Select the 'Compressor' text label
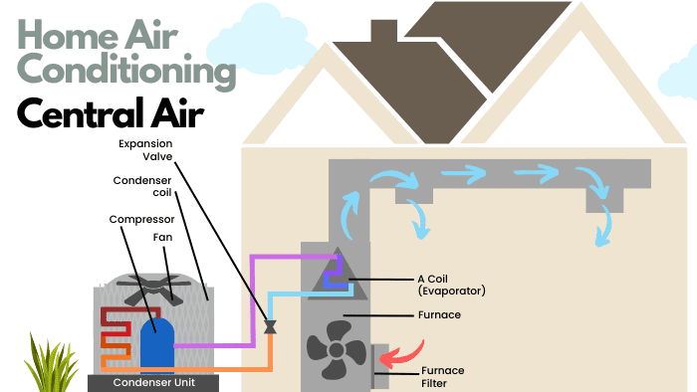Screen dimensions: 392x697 [141, 218]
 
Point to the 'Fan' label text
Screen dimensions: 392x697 [168, 239]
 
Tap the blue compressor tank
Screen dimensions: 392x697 [157, 344]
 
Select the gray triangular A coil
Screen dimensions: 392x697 [335, 271]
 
